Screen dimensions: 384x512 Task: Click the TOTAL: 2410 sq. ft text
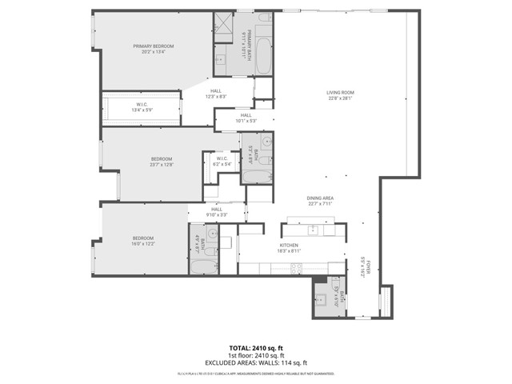[x=256, y=348]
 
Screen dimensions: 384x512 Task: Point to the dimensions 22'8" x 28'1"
[x=340, y=99]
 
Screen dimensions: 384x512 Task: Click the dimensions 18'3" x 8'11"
[x=290, y=251]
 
